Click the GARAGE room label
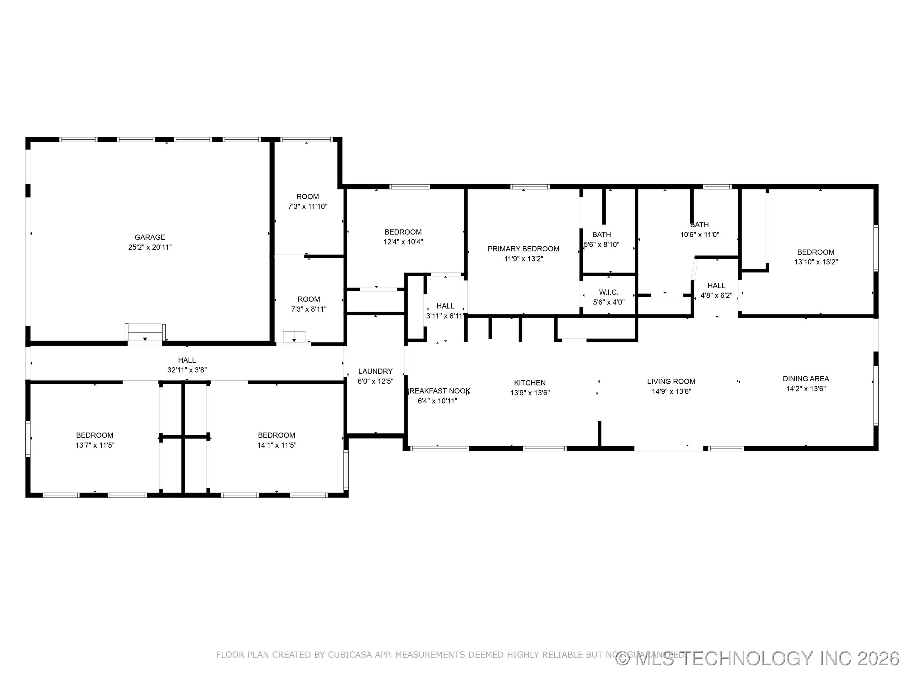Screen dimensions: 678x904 click(150, 237)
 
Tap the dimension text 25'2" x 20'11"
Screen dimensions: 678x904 click(150, 247)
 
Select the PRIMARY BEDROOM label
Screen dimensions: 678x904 click(523, 249)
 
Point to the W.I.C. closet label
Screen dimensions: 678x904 click(609, 292)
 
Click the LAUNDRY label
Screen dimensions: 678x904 click(375, 371)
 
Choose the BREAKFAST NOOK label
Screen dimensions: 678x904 click(438, 391)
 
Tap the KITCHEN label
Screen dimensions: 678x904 click(530, 383)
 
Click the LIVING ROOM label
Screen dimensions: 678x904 click(671, 381)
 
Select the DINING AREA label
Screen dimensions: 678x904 click(805, 379)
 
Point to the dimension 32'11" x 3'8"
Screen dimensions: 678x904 click(187, 370)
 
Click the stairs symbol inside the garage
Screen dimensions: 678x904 click(145, 332)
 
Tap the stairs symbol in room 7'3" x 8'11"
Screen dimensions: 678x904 click(294, 336)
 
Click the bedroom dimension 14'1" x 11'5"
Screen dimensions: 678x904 click(277, 445)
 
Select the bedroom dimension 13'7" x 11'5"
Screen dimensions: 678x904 click(95, 445)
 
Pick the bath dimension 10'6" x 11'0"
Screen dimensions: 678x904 click(699, 234)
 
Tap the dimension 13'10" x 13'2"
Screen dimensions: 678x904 click(816, 262)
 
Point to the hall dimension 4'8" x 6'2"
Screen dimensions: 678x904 click(716, 295)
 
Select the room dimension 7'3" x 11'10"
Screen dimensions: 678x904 click(307, 207)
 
